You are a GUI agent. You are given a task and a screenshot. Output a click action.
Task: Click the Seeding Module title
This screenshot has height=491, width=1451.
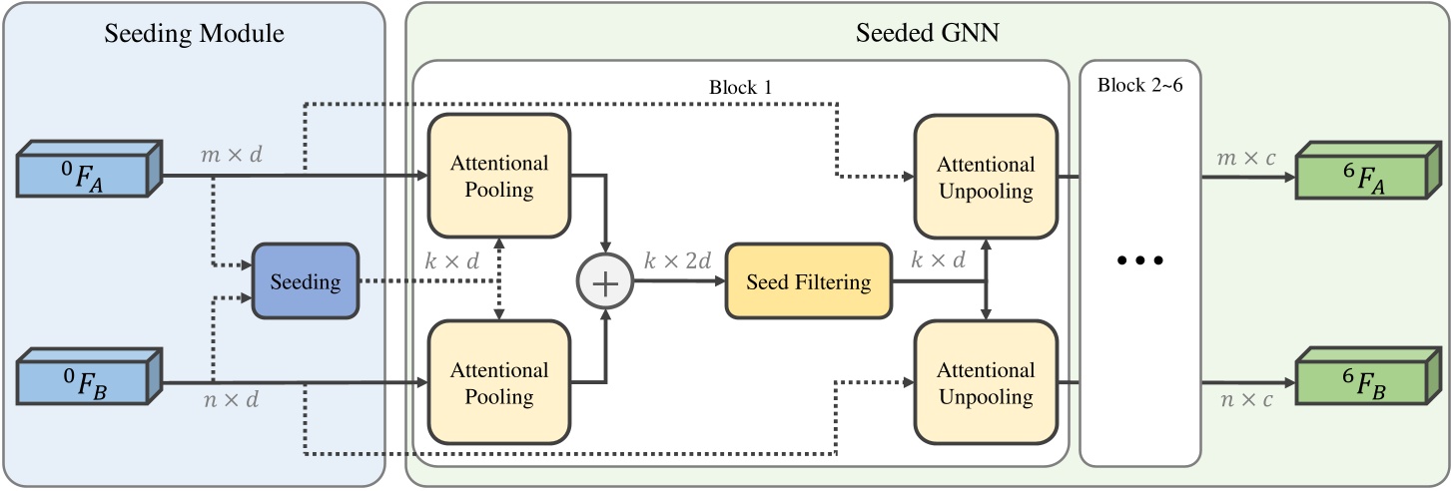(195, 34)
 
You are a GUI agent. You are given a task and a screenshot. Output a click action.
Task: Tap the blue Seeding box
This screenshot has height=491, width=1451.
(306, 282)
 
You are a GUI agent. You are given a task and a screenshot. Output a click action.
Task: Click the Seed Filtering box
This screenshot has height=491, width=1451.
(808, 282)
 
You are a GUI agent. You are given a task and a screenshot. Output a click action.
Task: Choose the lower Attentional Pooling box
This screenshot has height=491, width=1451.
(499, 383)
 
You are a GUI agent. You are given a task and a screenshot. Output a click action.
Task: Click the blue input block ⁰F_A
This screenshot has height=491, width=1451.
(88, 169)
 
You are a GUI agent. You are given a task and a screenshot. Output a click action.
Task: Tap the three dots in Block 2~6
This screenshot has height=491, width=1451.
(1140, 261)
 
